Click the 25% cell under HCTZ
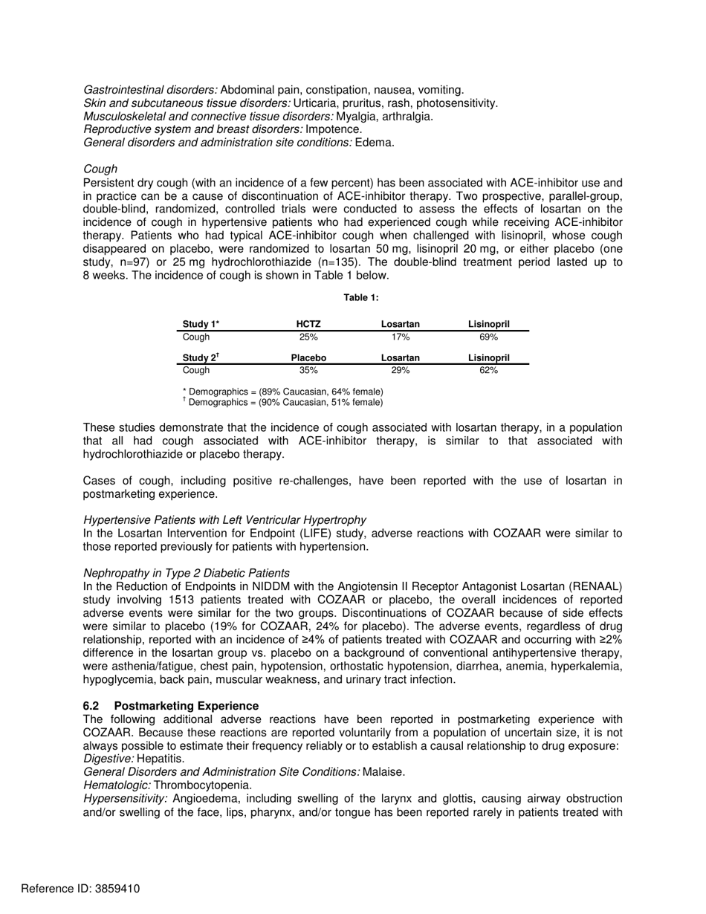pyautogui.click(x=308, y=337)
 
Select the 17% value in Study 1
pyautogui.click(x=401, y=337)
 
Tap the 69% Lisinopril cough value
pyautogui.click(x=489, y=337)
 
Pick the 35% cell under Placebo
pyautogui.click(x=308, y=370)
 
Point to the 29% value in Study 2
pyautogui.click(x=401, y=370)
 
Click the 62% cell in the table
pyautogui.click(x=489, y=370)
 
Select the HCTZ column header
pyautogui.click(x=308, y=324)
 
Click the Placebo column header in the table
pyautogui.click(x=308, y=357)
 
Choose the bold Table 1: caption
pyautogui.click(x=361, y=298)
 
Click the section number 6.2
pyautogui.click(x=91, y=706)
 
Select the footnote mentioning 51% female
pyautogui.click(x=285, y=402)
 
